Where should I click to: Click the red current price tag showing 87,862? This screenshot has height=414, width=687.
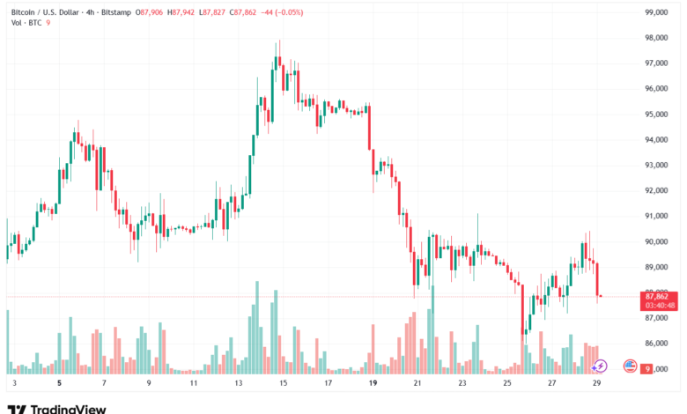tap(659, 301)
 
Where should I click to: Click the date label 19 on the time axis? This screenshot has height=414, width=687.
tap(373, 384)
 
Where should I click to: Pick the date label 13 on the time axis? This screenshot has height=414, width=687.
tap(238, 384)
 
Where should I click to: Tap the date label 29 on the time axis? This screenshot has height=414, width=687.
tap(597, 384)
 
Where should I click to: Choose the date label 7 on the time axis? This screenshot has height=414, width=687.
tap(104, 384)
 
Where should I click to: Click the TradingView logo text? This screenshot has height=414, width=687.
tap(68, 409)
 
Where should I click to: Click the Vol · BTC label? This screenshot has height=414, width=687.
tap(26, 22)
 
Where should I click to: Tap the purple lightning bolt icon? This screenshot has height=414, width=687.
tap(601, 365)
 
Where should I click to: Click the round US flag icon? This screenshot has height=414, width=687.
tap(630, 365)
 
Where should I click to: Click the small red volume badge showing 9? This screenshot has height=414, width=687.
tap(646, 369)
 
